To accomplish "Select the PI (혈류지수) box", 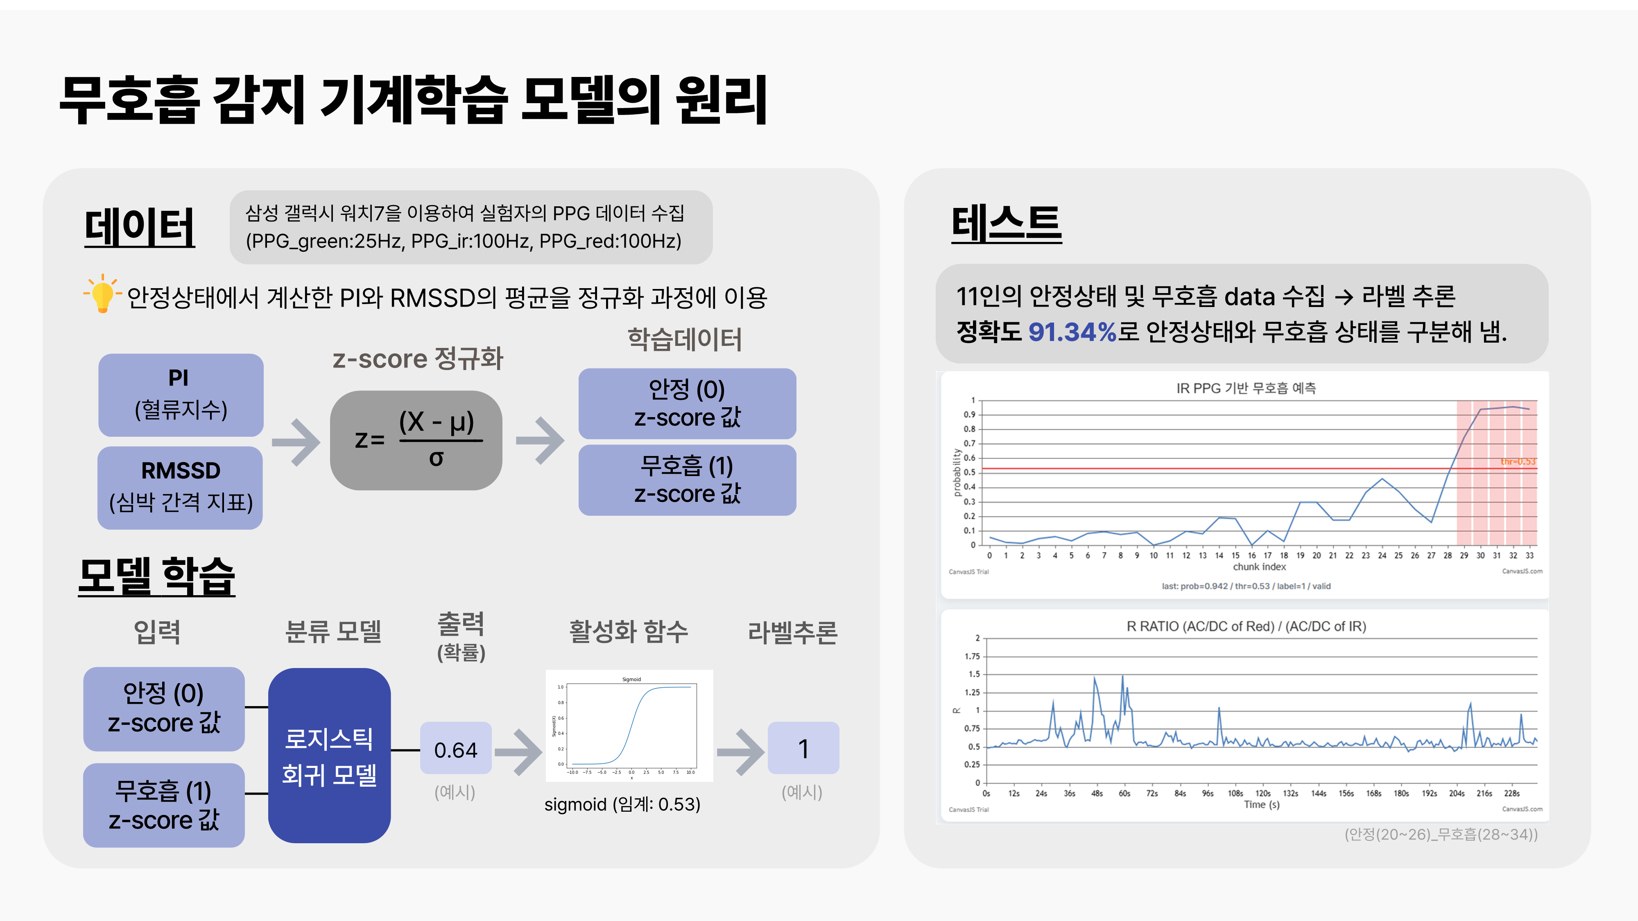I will coord(181,395).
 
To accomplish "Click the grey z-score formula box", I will coord(416,440).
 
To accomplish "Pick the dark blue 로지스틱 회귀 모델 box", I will coord(329,755).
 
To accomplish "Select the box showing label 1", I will coord(803,748).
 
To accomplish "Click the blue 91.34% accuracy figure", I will coord(1072,331).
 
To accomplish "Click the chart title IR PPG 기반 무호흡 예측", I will coord(1246,388).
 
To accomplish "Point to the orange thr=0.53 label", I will coord(1517,461).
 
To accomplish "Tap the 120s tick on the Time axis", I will coord(1263,793).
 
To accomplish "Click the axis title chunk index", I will coord(1259,567).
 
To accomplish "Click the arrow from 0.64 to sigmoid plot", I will coord(518,752).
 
